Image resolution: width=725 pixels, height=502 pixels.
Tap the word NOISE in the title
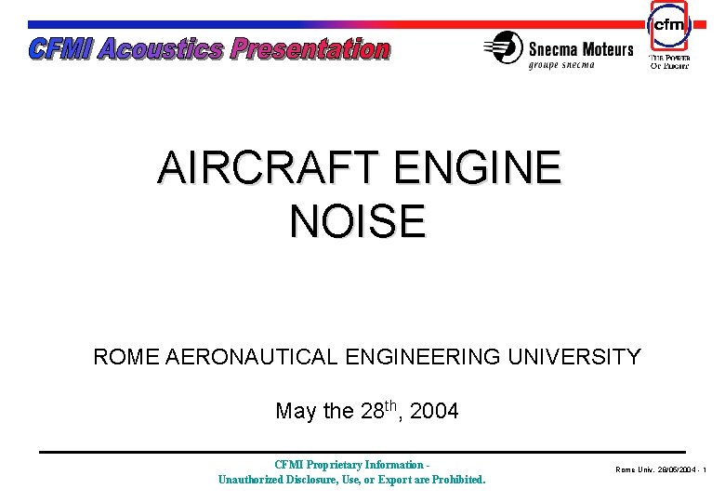tap(358, 221)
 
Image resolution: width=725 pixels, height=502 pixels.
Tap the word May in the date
tap(297, 411)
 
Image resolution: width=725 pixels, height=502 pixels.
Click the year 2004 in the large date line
tap(433, 411)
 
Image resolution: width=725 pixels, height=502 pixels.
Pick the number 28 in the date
tap(372, 411)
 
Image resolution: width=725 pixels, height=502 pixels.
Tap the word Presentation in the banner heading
tap(310, 48)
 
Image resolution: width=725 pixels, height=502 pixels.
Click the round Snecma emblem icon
tap(504, 47)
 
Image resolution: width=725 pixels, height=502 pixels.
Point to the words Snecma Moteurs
tap(581, 49)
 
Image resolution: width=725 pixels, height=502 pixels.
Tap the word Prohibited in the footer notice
tap(455, 480)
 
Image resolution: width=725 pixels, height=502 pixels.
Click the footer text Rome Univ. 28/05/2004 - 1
tap(661, 470)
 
